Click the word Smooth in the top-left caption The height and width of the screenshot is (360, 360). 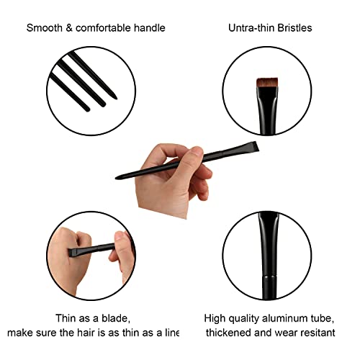coord(45,28)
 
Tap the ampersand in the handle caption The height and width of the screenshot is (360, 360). coord(69,28)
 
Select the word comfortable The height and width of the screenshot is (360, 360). coord(103,28)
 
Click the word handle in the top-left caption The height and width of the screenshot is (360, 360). coord(150,28)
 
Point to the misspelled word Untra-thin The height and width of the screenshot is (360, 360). coord(251,28)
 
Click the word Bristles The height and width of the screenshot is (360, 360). coord(294,28)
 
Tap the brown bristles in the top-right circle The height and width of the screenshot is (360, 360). coord(267,82)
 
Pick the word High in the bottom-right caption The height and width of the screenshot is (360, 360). coord(215,319)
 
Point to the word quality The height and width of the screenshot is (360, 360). coord(244,319)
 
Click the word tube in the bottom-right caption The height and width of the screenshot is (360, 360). coord(323,318)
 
